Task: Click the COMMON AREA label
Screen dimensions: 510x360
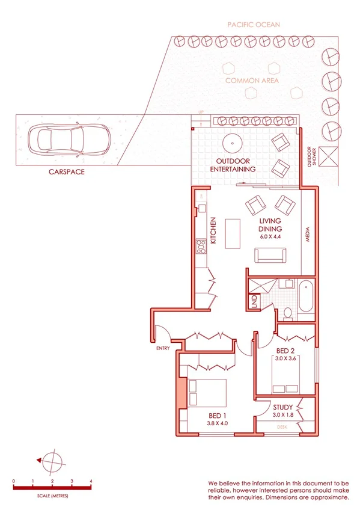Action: (x=252, y=80)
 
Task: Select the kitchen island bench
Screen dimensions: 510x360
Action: (x=232, y=232)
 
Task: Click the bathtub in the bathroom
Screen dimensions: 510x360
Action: (x=307, y=296)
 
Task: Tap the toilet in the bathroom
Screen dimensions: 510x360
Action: (x=288, y=312)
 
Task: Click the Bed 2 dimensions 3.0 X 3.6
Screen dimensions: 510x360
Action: (x=287, y=358)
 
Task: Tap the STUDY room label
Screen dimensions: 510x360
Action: (x=282, y=407)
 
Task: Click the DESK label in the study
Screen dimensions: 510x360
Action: (x=282, y=426)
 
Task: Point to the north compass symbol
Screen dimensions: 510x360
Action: (x=52, y=460)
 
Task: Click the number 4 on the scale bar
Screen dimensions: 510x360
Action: (x=91, y=481)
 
